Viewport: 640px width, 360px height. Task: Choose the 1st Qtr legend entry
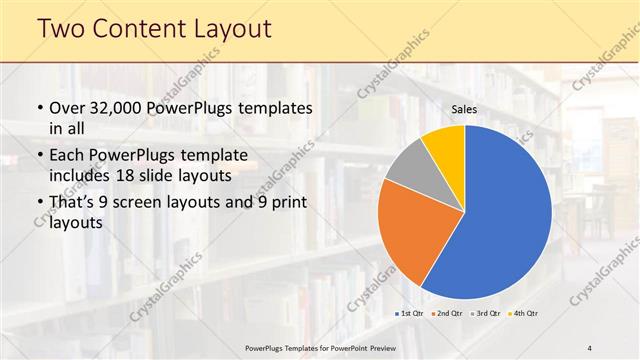(411, 314)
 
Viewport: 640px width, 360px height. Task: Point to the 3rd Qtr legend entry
(486, 314)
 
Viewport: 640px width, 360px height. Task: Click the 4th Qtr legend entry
(523, 314)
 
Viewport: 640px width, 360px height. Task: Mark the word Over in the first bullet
(69, 107)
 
